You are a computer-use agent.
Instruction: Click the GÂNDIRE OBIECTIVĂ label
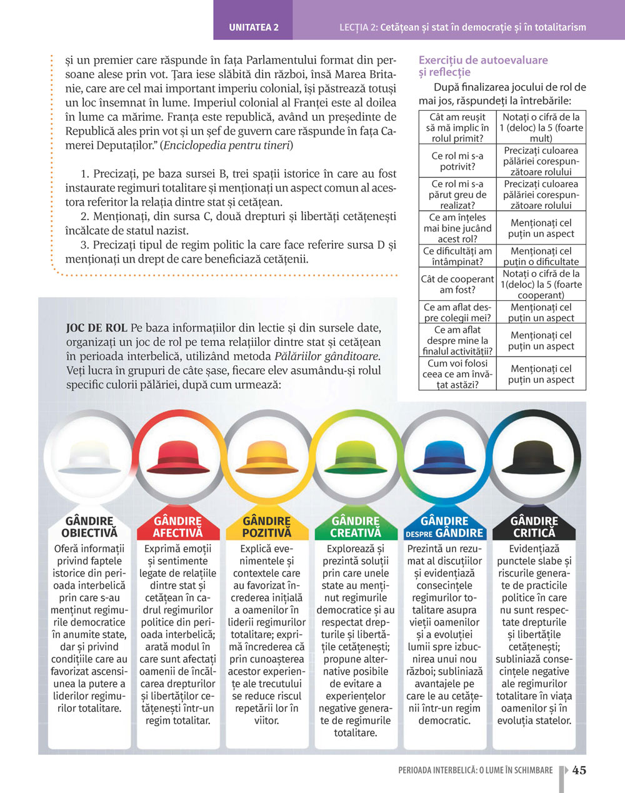[x=89, y=527]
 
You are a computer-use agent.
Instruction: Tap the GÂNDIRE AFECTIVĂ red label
[x=178, y=527]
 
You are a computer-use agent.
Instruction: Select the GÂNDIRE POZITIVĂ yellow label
[x=267, y=527]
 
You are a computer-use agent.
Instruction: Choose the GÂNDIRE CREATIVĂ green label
[x=356, y=527]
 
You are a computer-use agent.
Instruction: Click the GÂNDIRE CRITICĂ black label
[x=534, y=527]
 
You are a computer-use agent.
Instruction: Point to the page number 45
[x=579, y=770]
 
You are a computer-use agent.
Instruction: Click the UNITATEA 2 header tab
[x=253, y=27]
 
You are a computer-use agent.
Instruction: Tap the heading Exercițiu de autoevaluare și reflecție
[x=482, y=66]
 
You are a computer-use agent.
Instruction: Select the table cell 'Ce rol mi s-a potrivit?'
[x=457, y=161]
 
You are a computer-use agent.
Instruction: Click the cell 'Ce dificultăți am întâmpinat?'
[x=457, y=256]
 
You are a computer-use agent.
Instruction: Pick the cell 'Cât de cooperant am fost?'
[x=457, y=285]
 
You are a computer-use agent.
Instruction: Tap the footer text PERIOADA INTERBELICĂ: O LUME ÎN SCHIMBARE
[x=475, y=770]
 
